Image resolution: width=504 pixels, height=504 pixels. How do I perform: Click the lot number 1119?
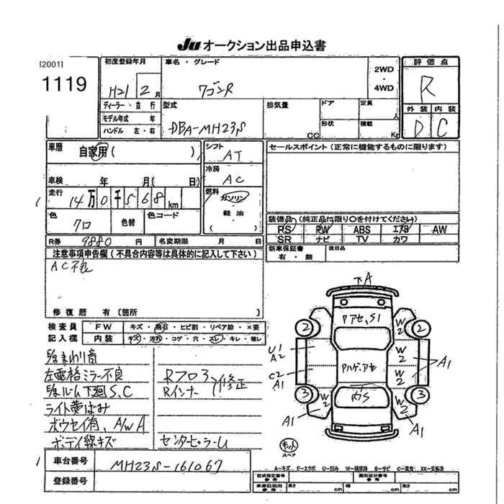[63, 84]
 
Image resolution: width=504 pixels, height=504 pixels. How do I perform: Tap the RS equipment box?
[284, 229]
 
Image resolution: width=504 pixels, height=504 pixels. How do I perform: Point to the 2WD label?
[384, 71]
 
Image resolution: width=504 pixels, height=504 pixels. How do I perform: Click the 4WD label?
[384, 88]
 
